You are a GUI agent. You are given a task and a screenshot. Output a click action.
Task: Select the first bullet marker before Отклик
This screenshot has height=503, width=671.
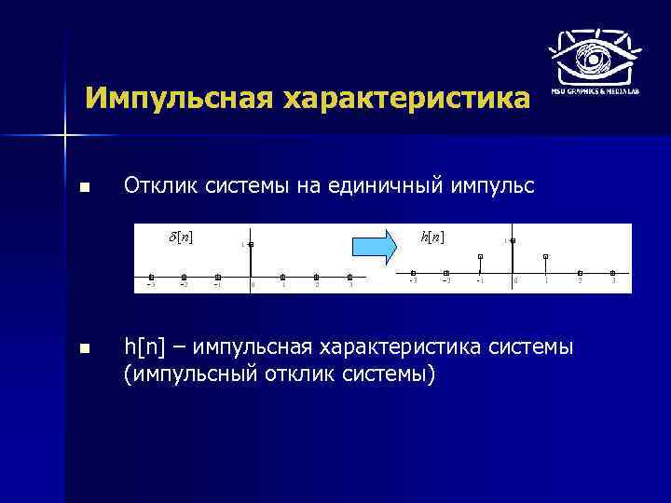[85, 188]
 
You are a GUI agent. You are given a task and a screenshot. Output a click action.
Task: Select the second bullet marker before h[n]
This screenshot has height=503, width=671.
[85, 349]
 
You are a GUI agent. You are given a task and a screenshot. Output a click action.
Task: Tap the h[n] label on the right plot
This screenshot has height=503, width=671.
[432, 237]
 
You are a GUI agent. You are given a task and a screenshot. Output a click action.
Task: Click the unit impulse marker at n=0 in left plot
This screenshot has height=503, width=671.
[251, 244]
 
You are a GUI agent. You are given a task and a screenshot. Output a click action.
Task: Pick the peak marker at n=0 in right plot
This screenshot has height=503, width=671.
[513, 241]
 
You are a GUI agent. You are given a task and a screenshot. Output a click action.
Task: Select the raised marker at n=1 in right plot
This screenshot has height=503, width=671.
[546, 256]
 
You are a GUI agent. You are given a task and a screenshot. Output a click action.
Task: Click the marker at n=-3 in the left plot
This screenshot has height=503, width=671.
[151, 277]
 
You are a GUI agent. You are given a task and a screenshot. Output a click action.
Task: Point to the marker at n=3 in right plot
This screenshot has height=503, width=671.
[612, 274]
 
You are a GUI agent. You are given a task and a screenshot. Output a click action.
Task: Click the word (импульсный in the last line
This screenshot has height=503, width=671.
[186, 374]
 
